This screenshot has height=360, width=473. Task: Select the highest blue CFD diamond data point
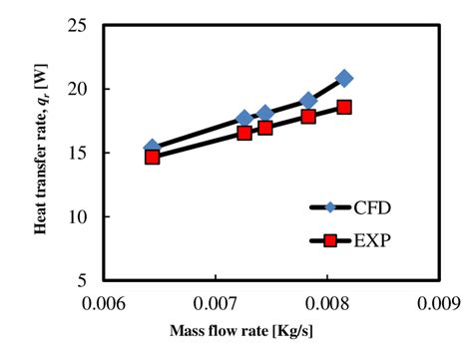[344, 78]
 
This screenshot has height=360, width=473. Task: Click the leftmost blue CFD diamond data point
[152, 148]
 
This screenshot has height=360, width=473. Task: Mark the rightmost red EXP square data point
[344, 107]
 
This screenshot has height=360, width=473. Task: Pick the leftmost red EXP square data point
[152, 157]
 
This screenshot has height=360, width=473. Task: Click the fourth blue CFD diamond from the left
[308, 100]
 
